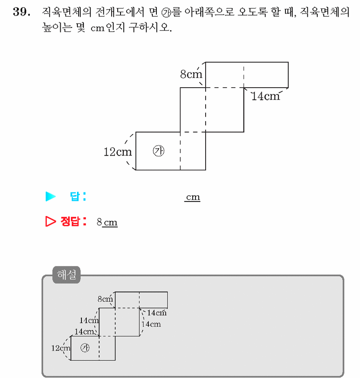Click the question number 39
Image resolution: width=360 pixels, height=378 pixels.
(22, 12)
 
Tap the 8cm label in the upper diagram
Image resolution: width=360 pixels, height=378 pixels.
(191, 74)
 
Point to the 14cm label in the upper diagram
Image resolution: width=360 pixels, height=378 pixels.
(266, 96)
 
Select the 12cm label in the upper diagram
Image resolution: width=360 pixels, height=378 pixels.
(118, 152)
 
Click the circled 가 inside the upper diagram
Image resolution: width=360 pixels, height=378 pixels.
(158, 151)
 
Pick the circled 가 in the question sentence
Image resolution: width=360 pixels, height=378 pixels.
(166, 13)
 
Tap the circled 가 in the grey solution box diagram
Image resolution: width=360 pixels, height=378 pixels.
(85, 348)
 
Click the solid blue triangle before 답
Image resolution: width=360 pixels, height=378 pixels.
(50, 196)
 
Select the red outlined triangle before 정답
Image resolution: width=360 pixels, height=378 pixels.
(50, 221)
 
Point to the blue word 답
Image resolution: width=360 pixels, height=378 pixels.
(75, 196)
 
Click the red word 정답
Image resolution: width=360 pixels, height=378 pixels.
(70, 221)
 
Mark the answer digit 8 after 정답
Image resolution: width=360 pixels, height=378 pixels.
(99, 222)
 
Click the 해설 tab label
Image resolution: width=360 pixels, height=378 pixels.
(66, 274)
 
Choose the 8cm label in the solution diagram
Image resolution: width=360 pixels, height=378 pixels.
(105, 299)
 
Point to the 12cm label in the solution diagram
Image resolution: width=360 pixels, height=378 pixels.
(61, 348)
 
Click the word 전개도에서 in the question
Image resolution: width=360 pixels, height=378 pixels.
(120, 12)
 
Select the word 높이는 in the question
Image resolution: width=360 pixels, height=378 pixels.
(57, 27)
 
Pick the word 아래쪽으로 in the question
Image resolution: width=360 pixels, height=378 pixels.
(209, 12)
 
